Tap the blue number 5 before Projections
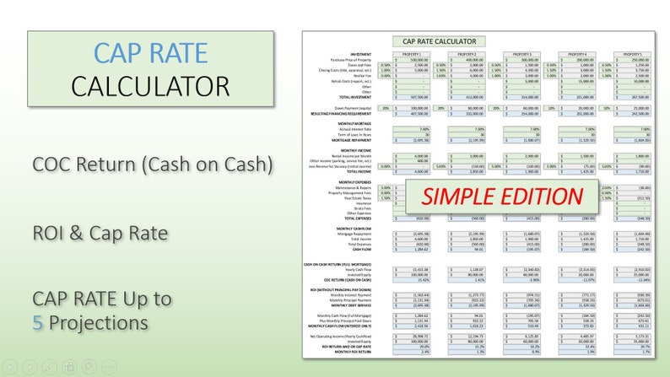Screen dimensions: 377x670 click(38, 322)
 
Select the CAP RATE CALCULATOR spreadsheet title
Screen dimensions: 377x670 click(439, 40)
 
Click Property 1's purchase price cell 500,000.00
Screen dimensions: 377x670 click(418, 58)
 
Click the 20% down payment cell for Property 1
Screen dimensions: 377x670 click(385, 108)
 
